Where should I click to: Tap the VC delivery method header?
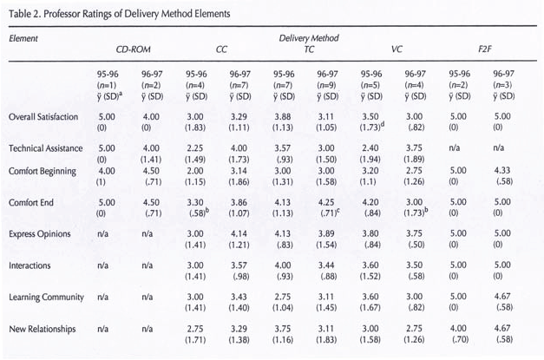[x=397, y=50]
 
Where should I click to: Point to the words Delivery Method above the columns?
[x=309, y=39]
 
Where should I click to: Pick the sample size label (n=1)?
[x=108, y=85]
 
